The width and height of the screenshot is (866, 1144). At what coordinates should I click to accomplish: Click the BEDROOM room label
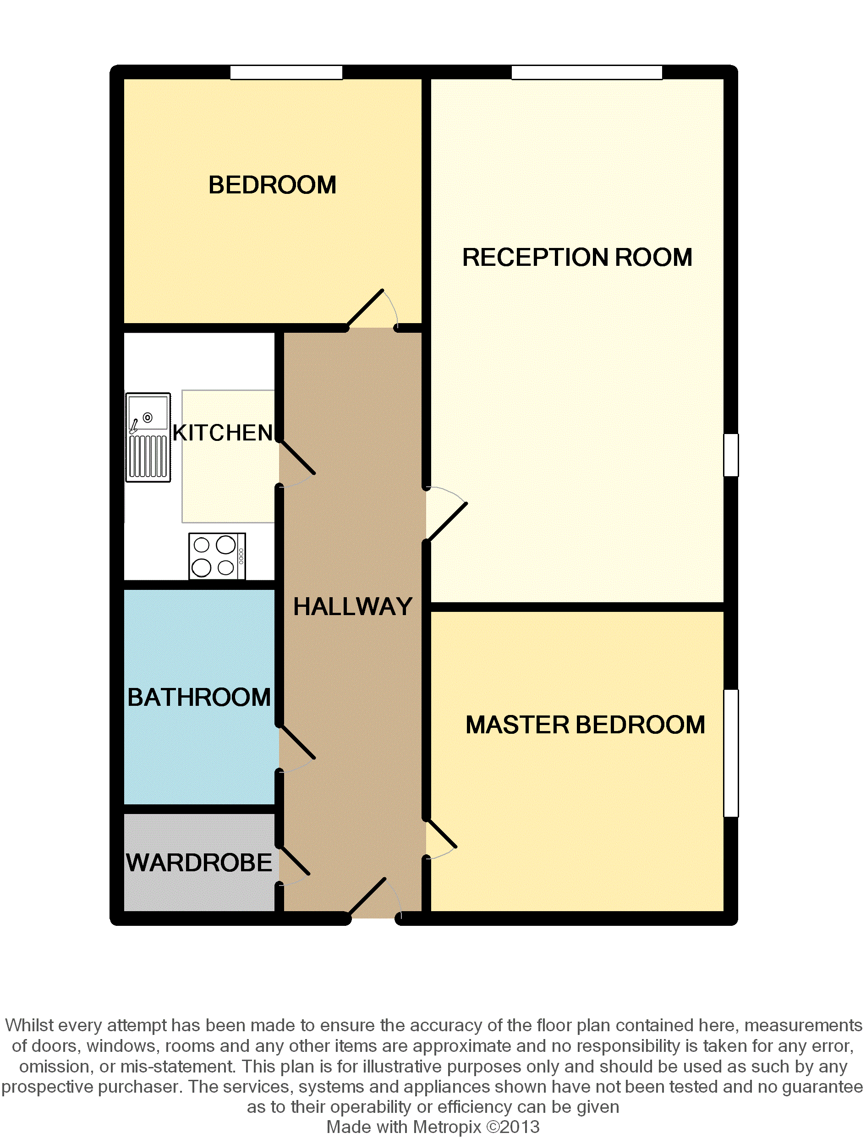(272, 185)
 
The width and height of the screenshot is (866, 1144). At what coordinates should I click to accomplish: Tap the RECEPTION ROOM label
(577, 258)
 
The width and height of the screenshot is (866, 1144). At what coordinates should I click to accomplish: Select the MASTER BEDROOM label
(585, 725)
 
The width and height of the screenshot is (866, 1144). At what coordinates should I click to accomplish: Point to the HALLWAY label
(353, 607)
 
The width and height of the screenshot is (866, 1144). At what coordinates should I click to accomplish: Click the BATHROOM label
(199, 697)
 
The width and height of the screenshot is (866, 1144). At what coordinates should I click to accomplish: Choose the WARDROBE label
(199, 863)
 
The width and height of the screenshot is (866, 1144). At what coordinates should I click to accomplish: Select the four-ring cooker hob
(217, 556)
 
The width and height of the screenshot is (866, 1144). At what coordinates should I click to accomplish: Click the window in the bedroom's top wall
(286, 72)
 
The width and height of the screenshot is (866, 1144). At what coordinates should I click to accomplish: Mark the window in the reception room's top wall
(587, 72)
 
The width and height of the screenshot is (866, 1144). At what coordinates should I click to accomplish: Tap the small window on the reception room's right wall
(731, 455)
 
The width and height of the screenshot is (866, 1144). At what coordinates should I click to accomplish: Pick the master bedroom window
(731, 753)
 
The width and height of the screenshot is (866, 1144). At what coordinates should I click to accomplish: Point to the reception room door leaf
(447, 522)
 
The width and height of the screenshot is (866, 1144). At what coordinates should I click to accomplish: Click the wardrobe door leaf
(295, 861)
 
